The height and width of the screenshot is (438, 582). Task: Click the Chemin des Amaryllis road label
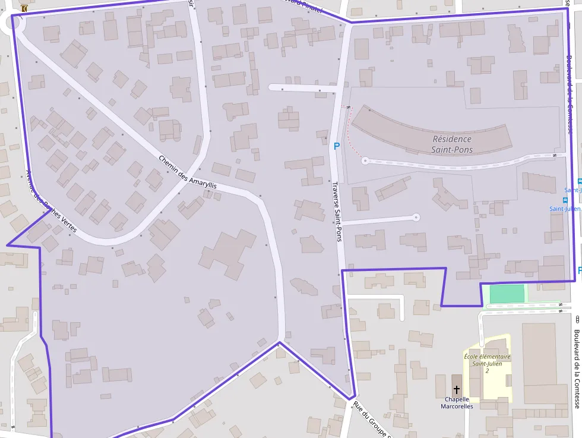point(188,172)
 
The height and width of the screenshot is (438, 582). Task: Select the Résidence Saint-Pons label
point(453,144)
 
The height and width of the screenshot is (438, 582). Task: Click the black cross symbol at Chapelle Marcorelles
point(457,390)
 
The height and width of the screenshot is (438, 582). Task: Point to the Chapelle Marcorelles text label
point(457,403)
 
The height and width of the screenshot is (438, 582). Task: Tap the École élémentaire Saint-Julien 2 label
point(487,363)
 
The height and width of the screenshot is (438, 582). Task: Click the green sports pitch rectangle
point(507,294)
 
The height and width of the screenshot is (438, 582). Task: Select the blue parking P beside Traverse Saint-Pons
point(337,146)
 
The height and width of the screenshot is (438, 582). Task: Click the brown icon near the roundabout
point(24,9)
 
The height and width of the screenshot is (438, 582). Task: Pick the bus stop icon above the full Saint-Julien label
point(565,200)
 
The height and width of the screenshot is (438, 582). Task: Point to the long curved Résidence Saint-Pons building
point(431,133)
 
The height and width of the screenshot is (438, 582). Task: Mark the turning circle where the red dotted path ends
point(365,160)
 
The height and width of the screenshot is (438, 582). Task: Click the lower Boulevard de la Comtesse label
point(577,368)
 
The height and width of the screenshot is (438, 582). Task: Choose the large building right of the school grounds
point(545,363)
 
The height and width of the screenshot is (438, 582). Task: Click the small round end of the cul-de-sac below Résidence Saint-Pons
point(416,218)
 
